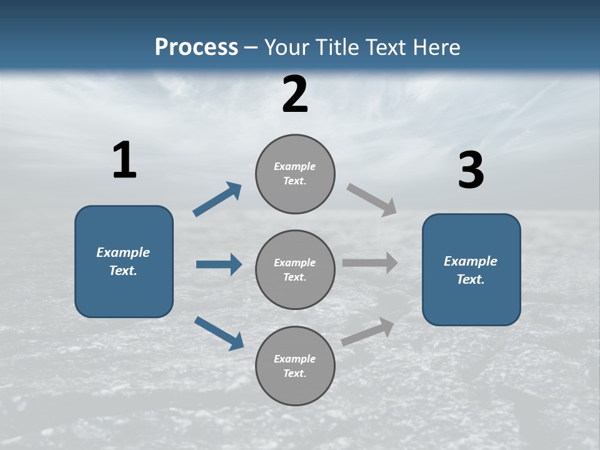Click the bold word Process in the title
[196, 47]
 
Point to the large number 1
[124, 161]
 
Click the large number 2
[295, 94]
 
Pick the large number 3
[471, 171]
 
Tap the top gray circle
[295, 174]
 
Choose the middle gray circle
[295, 270]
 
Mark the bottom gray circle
[295, 366]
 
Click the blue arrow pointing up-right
[217, 199]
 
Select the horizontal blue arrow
[219, 264]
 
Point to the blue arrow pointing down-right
[219, 333]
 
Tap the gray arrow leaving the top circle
[372, 200]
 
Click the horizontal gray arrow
[370, 263]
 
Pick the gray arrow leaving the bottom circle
[367, 332]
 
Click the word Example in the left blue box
[123, 252]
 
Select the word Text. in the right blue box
[471, 279]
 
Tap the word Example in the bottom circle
[294, 359]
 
